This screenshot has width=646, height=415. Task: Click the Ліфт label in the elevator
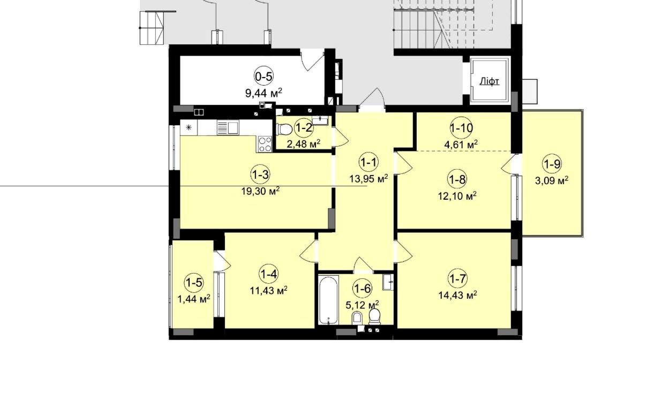pyautogui.click(x=490, y=81)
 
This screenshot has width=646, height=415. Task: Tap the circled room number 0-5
pyautogui.click(x=264, y=77)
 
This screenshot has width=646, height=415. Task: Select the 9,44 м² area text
pyautogui.click(x=264, y=93)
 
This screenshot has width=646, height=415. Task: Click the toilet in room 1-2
pyautogui.click(x=283, y=129)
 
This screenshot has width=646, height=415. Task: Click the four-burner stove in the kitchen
pyautogui.click(x=265, y=144)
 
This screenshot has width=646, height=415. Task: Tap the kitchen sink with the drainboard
pyautogui.click(x=228, y=128)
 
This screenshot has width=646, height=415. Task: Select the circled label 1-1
pyautogui.click(x=369, y=163)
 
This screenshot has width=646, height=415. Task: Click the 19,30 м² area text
pyautogui.click(x=260, y=191)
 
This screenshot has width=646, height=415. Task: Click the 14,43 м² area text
pyautogui.click(x=457, y=295)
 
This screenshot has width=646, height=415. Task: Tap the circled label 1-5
pyautogui.click(x=194, y=282)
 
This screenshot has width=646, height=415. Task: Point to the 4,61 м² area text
pyautogui.click(x=461, y=144)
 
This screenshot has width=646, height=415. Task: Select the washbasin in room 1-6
pyautogui.click(x=388, y=282)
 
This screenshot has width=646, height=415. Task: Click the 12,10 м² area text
pyautogui.click(x=457, y=196)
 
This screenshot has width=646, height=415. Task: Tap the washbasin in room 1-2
pyautogui.click(x=320, y=120)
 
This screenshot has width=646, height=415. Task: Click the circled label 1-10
pyautogui.click(x=461, y=128)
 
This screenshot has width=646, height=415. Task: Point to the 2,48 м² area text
pyautogui.click(x=303, y=144)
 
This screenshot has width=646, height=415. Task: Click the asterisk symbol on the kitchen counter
pyautogui.click(x=189, y=127)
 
